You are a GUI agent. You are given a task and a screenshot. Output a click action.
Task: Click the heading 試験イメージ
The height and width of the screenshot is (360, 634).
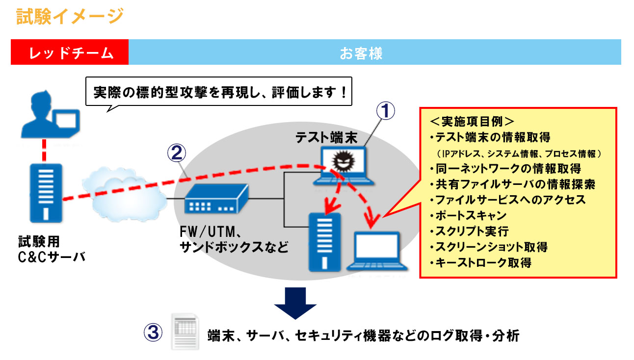tap(69, 16)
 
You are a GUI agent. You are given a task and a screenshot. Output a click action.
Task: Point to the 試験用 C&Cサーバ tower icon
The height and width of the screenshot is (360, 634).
tap(43, 193)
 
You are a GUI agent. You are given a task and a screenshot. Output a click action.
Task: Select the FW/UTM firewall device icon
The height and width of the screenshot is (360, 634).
tap(216, 198)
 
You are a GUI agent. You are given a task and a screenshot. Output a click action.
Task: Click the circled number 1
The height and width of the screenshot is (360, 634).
tap(386, 111)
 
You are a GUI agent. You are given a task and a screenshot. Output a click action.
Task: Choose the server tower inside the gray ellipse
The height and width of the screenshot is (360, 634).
tap(324, 241)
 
